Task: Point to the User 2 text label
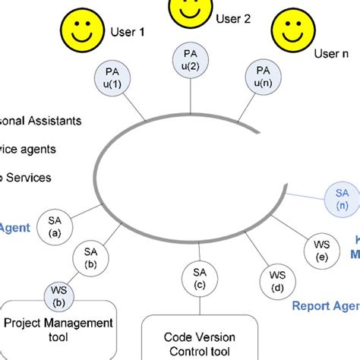(232, 19)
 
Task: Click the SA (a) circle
(54, 226)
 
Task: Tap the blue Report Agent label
(325, 306)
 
